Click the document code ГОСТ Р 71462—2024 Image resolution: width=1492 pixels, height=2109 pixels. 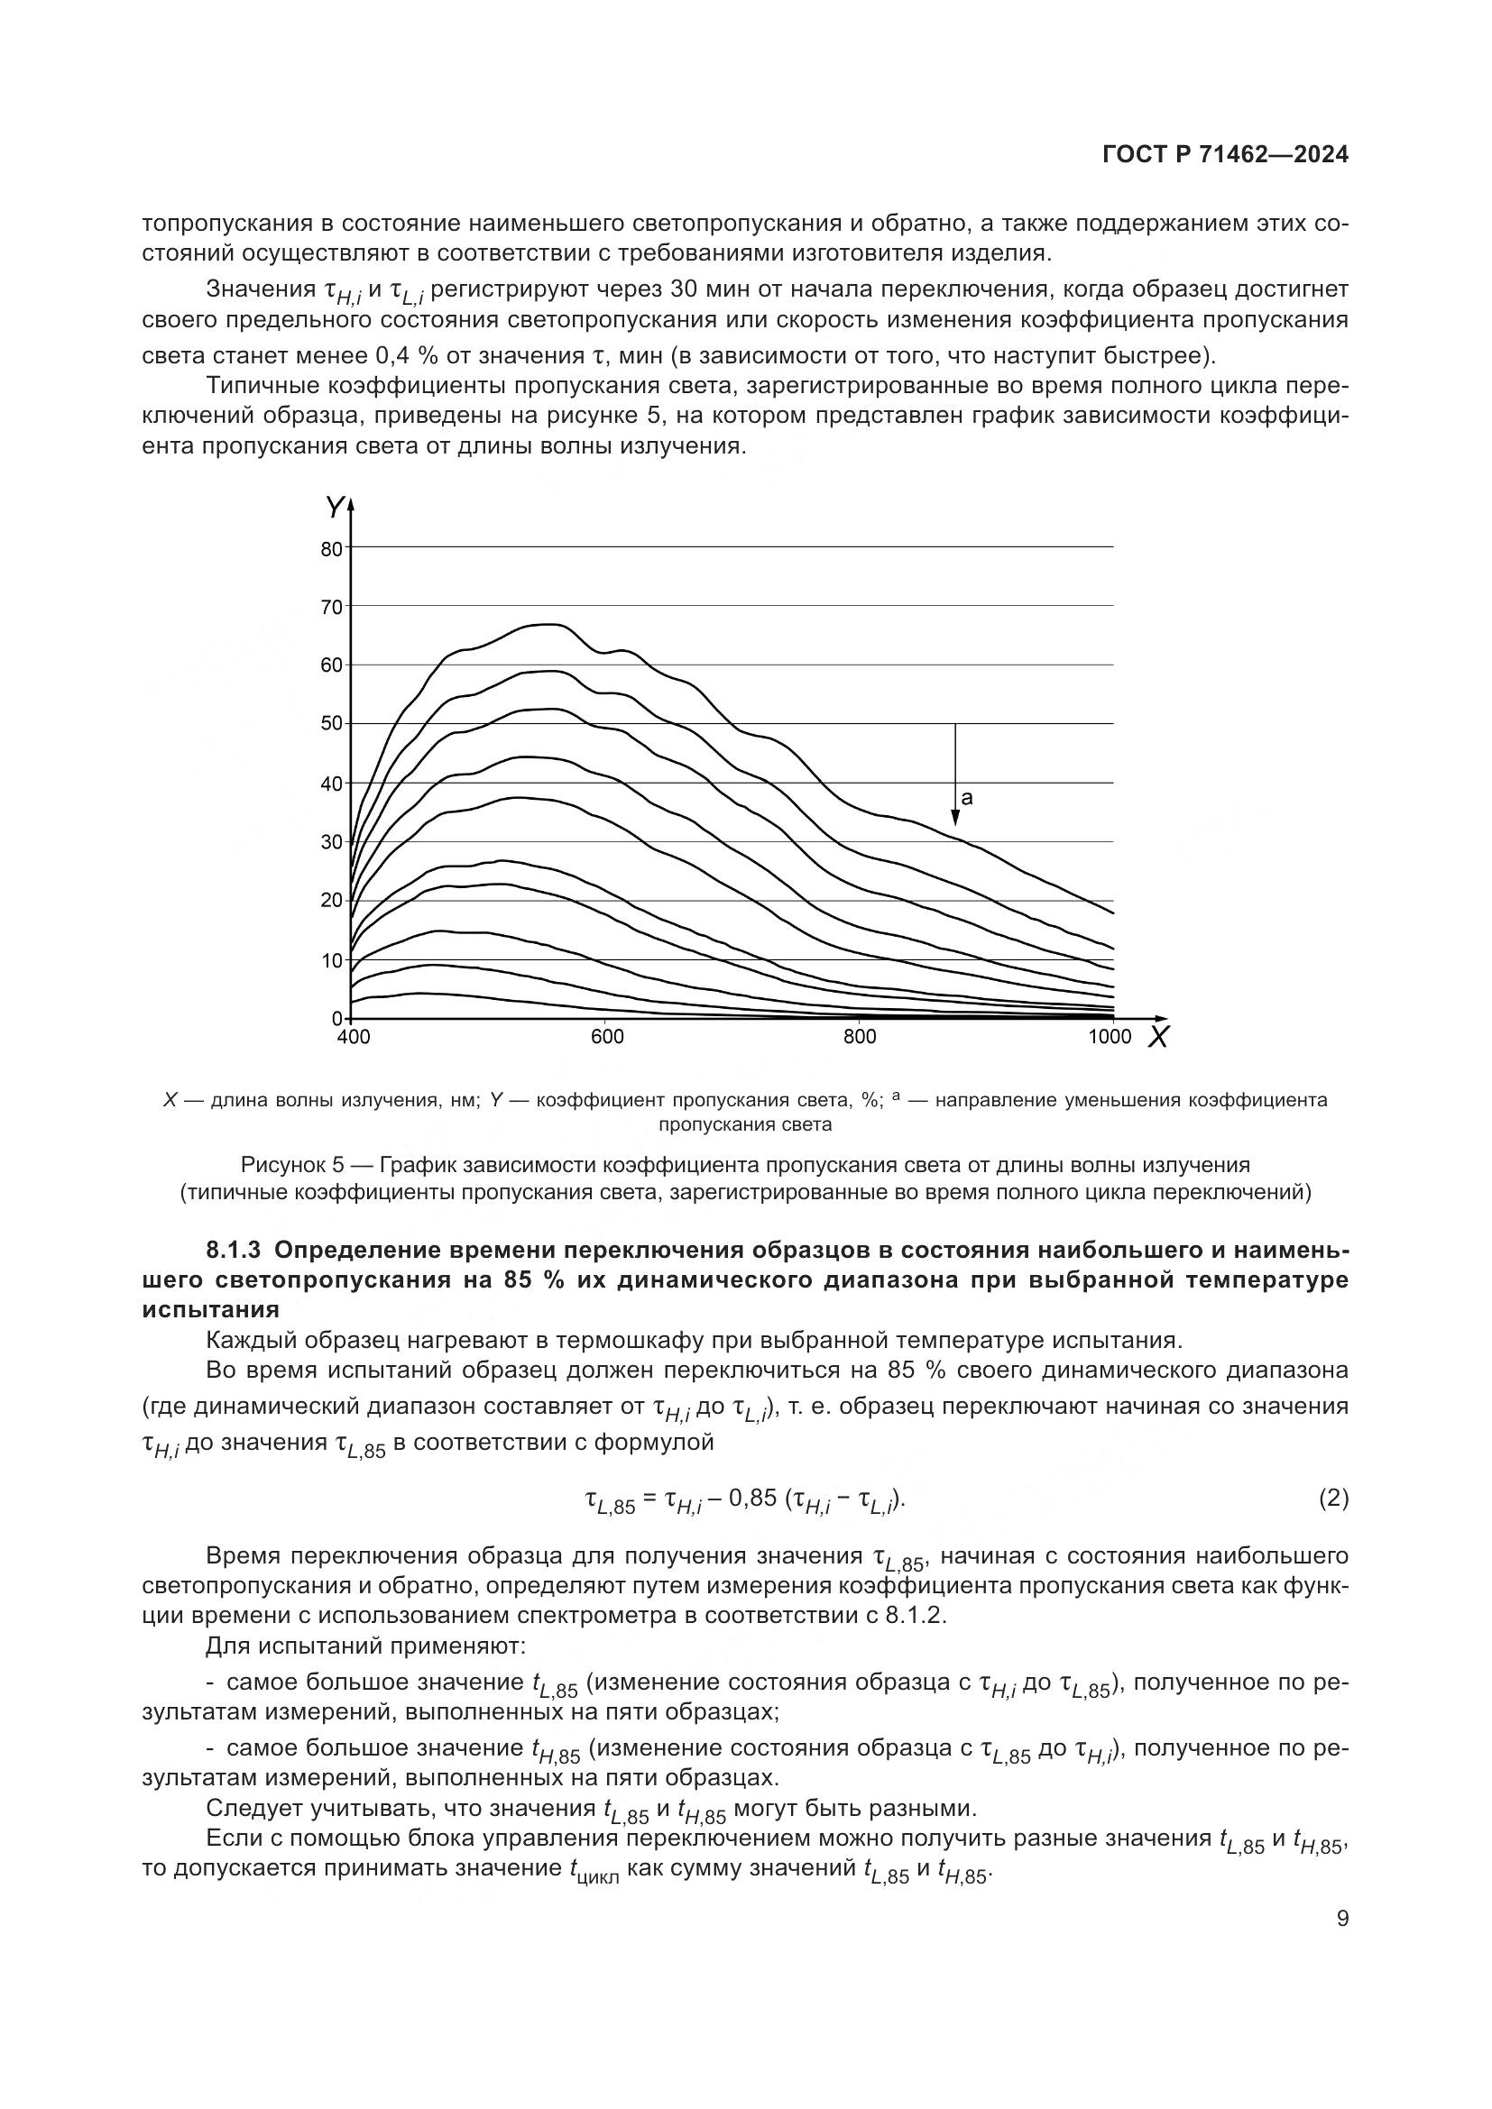tap(1225, 155)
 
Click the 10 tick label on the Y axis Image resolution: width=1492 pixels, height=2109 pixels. tap(332, 961)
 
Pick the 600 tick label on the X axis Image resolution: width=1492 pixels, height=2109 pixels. tap(606, 1037)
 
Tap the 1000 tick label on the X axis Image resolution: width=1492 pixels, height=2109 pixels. tap(1110, 1037)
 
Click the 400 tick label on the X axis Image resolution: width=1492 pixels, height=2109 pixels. tap(354, 1037)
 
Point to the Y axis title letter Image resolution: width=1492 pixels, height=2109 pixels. tap(336, 506)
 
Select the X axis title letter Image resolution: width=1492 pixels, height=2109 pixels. tap(1159, 1038)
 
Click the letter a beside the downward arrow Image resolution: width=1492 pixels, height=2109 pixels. tap(966, 798)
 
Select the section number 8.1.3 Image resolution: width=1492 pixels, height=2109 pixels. tap(235, 1250)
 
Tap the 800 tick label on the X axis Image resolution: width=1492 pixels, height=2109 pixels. tap(859, 1037)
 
